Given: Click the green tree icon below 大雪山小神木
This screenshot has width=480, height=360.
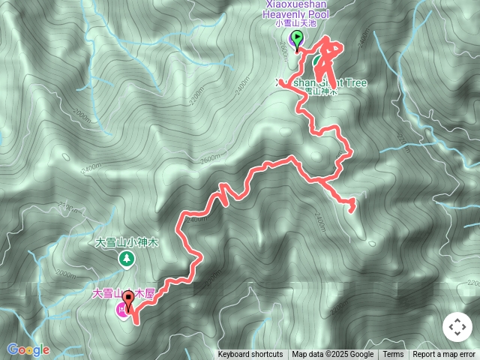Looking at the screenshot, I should (x=127, y=259).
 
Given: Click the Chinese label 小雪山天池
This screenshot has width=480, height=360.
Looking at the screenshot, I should (x=298, y=23).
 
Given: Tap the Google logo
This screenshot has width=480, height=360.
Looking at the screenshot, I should (x=28, y=349).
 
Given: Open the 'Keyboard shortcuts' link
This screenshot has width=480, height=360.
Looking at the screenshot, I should (x=250, y=355).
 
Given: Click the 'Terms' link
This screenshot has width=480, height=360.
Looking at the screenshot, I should (x=393, y=355).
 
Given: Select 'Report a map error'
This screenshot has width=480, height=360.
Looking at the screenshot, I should (x=444, y=355).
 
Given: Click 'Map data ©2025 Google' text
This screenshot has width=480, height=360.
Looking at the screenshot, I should (x=333, y=355).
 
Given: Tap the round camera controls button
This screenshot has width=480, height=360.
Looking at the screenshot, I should (x=457, y=328).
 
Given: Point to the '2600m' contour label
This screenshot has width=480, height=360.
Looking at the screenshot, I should (x=210, y=158).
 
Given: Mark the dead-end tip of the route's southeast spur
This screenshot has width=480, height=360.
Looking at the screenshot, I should (x=352, y=203).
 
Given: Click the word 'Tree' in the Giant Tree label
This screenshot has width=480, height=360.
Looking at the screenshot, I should (x=353, y=82).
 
